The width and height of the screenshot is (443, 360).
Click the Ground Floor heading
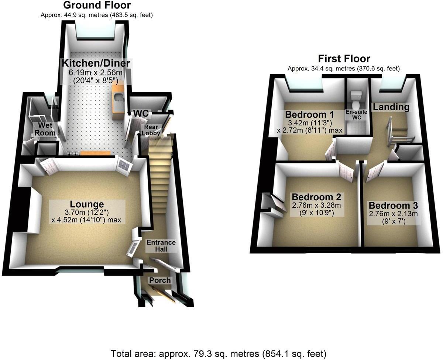pyautogui.click(x=97, y=5)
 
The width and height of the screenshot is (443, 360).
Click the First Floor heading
pyautogui.click(x=344, y=59)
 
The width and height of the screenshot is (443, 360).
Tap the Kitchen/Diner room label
pyautogui.click(x=96, y=63)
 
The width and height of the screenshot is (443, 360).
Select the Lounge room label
pyautogui.click(x=87, y=204)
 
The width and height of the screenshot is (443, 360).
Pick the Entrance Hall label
pyautogui.click(x=161, y=246)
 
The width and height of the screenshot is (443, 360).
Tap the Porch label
pyautogui.click(x=160, y=280)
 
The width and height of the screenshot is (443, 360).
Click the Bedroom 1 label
pyautogui.click(x=309, y=114)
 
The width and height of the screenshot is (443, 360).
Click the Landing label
pyautogui.click(x=391, y=107)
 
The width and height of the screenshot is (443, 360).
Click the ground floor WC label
pyautogui.click(x=140, y=113)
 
